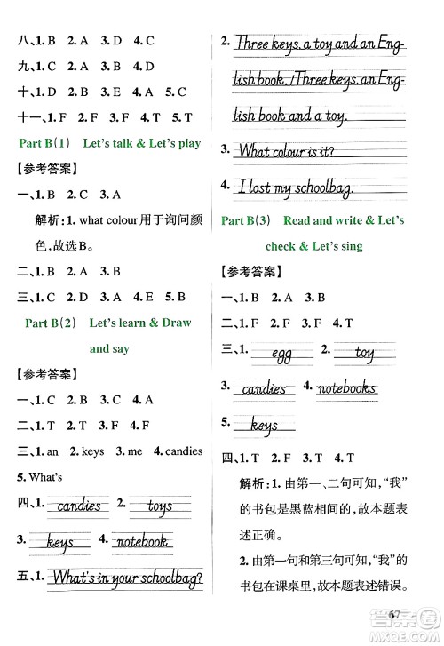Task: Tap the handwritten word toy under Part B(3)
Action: tap(364, 353)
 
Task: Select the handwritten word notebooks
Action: tap(346, 387)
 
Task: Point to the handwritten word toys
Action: tap(160, 507)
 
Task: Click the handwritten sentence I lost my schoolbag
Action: tap(297, 187)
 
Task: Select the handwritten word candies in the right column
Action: tap(264, 388)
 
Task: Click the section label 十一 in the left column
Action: tap(27, 117)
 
